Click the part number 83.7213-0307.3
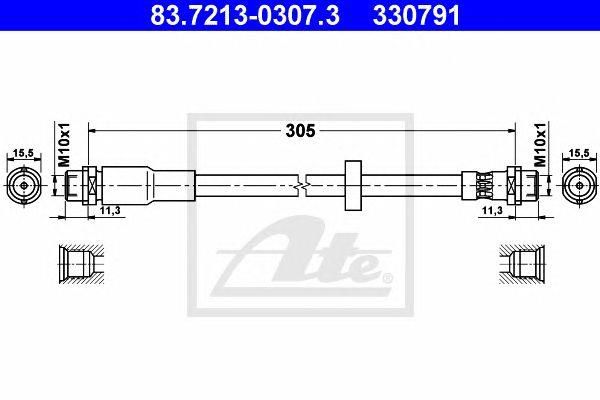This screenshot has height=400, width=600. (245, 15)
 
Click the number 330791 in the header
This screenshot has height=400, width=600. (416, 15)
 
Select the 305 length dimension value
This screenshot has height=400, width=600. (300, 131)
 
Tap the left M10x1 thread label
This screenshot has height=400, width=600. (64, 145)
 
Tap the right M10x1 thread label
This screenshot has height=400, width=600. (540, 145)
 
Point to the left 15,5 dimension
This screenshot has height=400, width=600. (23, 153)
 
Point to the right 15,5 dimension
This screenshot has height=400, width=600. (579, 153)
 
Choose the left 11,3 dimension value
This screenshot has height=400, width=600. (110, 210)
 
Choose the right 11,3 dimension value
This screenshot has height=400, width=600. (492, 210)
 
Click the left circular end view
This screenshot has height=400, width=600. (24, 186)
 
